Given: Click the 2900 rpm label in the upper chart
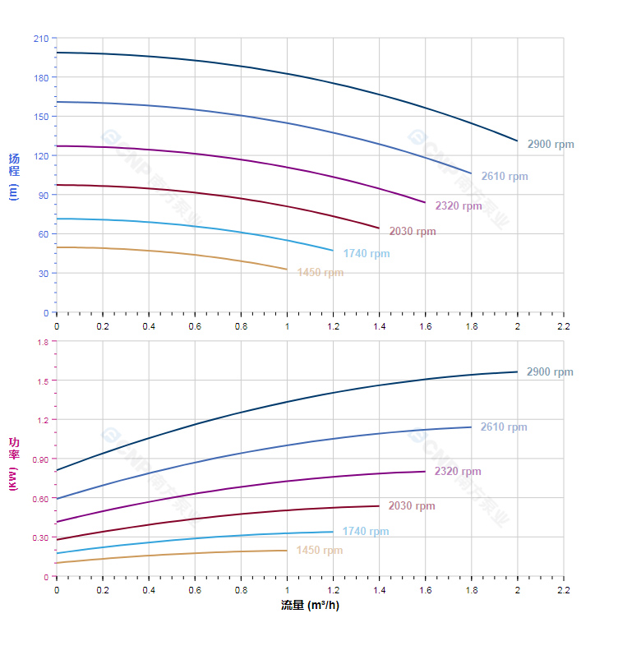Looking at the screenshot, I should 551,145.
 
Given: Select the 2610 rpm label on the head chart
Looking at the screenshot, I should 505,177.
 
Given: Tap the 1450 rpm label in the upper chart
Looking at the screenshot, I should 321,273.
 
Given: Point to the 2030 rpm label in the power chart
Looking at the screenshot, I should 412,506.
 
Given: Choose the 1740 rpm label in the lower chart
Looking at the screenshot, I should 366,532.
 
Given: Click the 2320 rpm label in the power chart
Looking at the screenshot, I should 458,472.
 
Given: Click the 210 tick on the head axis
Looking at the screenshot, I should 41,39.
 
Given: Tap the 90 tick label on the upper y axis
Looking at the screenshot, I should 44,195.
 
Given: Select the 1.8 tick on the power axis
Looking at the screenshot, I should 43,341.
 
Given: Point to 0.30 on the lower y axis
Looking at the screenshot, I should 39,537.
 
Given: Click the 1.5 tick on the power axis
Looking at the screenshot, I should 43,381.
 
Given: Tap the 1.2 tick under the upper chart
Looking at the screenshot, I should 333,326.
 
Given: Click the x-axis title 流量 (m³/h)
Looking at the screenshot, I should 310,606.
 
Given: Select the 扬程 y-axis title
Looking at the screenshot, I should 13,164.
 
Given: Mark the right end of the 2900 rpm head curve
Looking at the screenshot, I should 518,141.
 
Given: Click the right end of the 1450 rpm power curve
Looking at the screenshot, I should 287,551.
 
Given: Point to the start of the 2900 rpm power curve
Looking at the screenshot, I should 57,470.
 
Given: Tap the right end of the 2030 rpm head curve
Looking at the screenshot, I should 379,228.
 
